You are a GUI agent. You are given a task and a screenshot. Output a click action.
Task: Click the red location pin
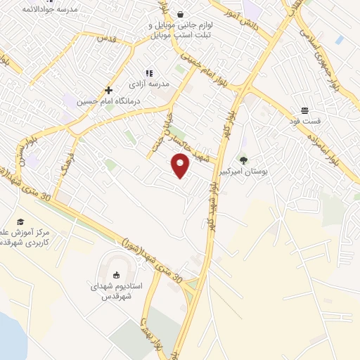(x=181, y=165)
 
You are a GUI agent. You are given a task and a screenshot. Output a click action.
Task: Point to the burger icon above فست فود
(x=305, y=110)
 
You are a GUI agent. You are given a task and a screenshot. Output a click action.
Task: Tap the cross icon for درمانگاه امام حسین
(x=108, y=91)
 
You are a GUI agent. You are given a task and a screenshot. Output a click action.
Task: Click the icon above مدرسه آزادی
(x=148, y=72)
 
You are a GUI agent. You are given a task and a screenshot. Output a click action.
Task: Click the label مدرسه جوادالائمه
(x=50, y=10)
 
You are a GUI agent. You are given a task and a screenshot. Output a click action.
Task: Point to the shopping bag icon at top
(x=180, y=13)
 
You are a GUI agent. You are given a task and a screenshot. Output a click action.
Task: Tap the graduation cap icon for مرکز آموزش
(x=20, y=222)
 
